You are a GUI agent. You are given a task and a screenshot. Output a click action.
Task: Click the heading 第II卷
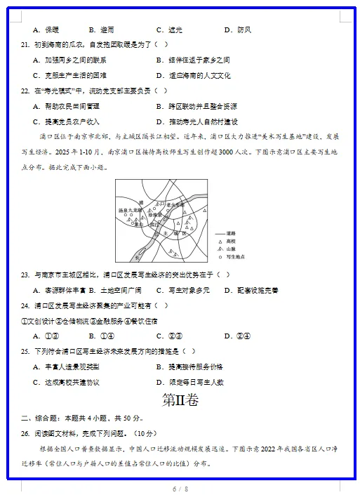point(180,400)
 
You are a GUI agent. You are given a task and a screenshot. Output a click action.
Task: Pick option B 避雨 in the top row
point(102,29)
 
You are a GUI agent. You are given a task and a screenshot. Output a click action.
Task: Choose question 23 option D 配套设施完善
point(251,290)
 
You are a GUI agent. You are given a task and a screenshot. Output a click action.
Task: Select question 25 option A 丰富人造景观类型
point(66,367)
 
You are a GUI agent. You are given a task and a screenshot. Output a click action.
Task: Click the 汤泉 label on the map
point(124,210)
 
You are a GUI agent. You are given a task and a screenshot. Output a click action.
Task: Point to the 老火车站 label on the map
point(173,204)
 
